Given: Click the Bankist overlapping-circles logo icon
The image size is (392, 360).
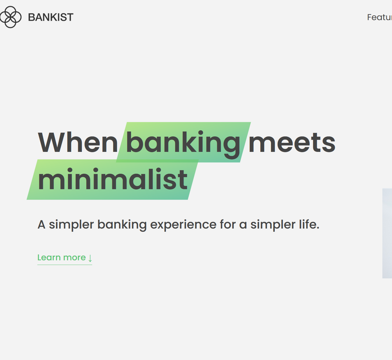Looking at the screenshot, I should (x=10, y=17).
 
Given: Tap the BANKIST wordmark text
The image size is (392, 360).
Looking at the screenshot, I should (x=51, y=17).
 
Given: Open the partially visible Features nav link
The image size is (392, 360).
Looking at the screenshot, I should (x=379, y=17).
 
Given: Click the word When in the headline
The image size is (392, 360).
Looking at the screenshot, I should (x=78, y=143).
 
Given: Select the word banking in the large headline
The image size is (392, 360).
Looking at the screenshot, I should (x=183, y=143).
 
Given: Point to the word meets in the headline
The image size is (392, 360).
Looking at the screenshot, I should (x=292, y=143).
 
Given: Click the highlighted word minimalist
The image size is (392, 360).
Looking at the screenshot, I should (x=113, y=180).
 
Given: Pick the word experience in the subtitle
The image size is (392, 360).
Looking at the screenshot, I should (x=183, y=225).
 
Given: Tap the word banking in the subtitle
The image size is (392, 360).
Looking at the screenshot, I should (x=122, y=225).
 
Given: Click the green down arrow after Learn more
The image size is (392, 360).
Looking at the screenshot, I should (x=90, y=258).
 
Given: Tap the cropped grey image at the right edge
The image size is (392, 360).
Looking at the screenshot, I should (x=387, y=233).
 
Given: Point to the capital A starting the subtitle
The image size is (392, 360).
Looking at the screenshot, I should (x=41, y=225).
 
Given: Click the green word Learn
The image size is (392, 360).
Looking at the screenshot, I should (x=49, y=258).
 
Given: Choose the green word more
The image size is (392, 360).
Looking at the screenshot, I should (x=74, y=258).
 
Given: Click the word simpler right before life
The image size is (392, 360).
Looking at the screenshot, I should (x=273, y=225).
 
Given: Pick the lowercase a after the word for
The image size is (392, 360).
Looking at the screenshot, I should (x=243, y=225).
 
